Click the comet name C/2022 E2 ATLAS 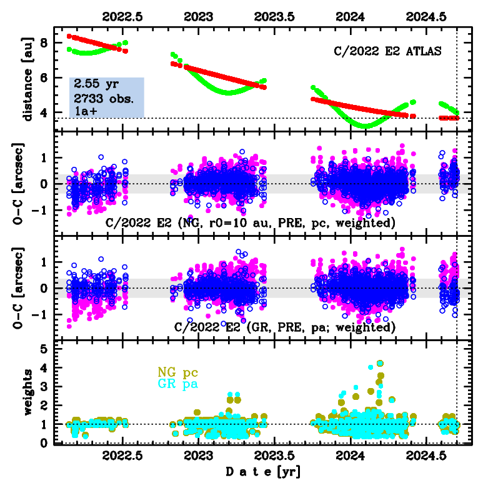coord(387,51)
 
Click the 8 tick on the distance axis coord(43,42)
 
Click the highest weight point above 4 coord(380,363)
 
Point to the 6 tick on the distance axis coord(43,77)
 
